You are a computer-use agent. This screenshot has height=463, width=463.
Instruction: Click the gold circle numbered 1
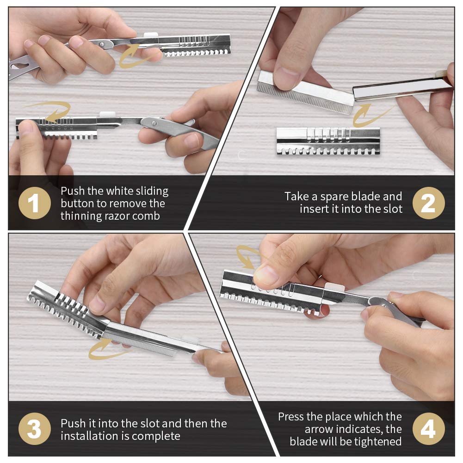pos(35,203)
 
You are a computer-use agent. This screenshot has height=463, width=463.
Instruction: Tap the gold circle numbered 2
pos(428,203)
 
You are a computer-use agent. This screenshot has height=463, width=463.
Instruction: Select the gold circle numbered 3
pos(35,428)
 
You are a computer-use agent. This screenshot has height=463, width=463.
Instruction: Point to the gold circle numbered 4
pos(428,428)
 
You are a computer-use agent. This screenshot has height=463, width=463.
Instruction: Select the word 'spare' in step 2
pos(335,197)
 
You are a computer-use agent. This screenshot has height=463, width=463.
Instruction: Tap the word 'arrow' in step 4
pos(319,429)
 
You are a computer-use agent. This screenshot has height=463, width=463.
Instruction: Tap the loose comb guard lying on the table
pos(328,141)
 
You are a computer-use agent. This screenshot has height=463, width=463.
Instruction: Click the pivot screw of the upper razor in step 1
pos(102,44)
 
